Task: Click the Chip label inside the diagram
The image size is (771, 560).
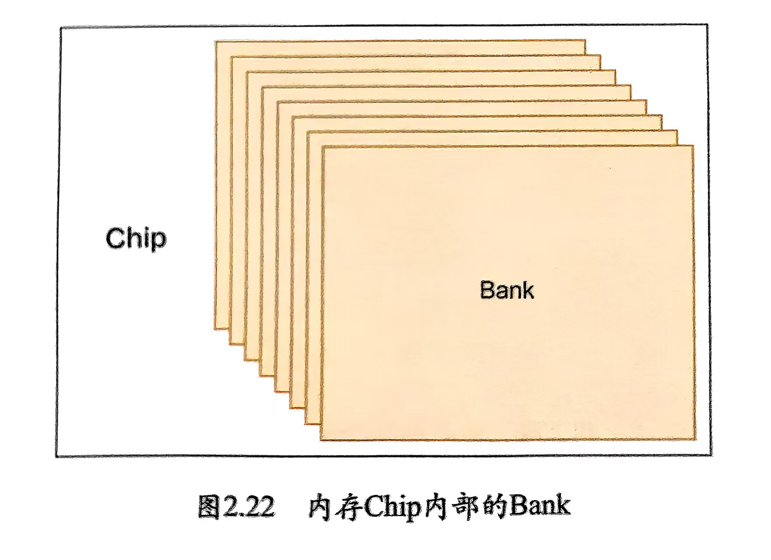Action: (x=136, y=239)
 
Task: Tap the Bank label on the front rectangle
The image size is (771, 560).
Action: (x=507, y=290)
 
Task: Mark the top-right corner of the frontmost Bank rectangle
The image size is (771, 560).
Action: (x=693, y=146)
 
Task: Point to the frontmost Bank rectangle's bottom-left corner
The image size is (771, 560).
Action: (x=321, y=439)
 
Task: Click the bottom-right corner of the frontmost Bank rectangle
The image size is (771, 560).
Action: (x=695, y=439)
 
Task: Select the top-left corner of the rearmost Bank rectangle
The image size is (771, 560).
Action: (x=215, y=42)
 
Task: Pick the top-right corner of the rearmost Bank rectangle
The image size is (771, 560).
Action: (x=585, y=41)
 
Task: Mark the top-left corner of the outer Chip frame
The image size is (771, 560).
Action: (x=61, y=28)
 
